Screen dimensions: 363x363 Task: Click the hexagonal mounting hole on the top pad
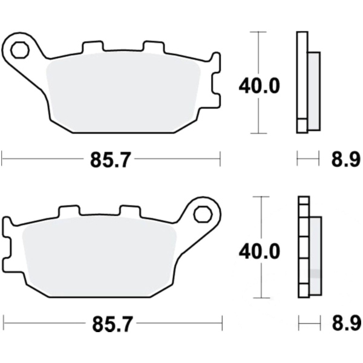click(x=20, y=50)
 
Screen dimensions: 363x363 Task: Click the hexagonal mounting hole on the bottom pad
click(x=203, y=215)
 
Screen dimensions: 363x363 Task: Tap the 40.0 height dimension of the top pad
click(x=259, y=86)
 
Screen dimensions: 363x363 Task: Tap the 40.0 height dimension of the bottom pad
click(x=260, y=251)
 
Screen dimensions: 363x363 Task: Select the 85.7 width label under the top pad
click(x=111, y=160)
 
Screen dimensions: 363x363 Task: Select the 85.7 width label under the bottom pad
click(x=113, y=324)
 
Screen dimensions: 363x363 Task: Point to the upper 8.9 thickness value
click(x=346, y=160)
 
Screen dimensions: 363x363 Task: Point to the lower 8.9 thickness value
click(x=347, y=324)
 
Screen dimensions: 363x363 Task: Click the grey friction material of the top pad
click(x=123, y=93)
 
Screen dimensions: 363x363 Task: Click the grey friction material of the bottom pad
click(x=99, y=258)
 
